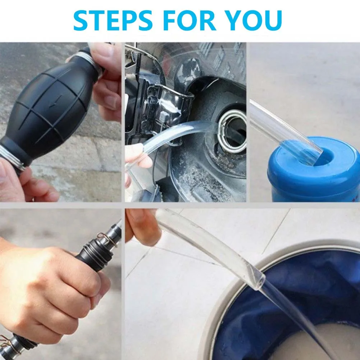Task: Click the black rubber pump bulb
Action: tap(50, 108)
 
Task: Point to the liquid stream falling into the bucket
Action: tap(298, 316)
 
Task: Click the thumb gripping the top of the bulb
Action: tap(106, 54)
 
